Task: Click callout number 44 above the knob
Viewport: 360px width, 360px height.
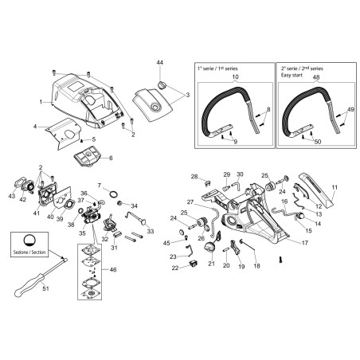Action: pyautogui.click(x=160, y=63)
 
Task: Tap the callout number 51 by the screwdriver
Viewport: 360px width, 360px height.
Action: pyautogui.click(x=45, y=288)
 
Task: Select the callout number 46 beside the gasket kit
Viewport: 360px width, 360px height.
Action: pyautogui.click(x=113, y=270)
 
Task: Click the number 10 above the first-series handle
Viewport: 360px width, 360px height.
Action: pyautogui.click(x=235, y=76)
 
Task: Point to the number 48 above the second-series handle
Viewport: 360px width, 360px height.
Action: pyautogui.click(x=316, y=77)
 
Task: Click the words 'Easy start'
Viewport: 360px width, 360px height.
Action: pyautogui.click(x=292, y=75)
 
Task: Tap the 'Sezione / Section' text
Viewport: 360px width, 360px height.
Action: pyautogui.click(x=29, y=252)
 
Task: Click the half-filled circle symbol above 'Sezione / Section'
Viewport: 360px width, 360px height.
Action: pyautogui.click(x=29, y=241)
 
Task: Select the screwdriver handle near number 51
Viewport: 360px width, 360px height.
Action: pyautogui.click(x=29, y=286)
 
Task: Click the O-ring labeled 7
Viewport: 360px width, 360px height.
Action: pyautogui.click(x=114, y=194)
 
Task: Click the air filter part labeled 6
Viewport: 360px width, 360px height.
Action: pyautogui.click(x=87, y=158)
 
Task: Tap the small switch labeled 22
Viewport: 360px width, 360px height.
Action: pyautogui.click(x=192, y=264)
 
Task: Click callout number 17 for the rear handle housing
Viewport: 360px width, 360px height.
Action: pyautogui.click(x=305, y=243)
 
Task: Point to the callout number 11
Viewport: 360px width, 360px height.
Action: pyautogui.click(x=335, y=187)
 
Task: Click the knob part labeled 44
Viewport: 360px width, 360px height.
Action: pyautogui.click(x=161, y=85)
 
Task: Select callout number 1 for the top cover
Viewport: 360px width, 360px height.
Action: pyautogui.click(x=41, y=102)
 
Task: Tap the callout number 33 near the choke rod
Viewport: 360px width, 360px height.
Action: pyautogui.click(x=151, y=231)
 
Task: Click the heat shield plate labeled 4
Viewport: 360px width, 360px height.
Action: pyautogui.click(x=64, y=133)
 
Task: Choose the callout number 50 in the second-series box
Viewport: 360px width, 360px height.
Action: pyautogui.click(x=318, y=142)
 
